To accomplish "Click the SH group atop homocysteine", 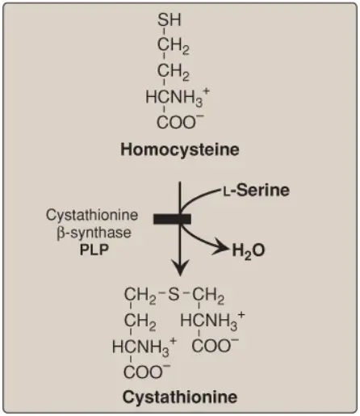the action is click(170, 20).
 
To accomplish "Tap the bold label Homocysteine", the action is click(180, 149).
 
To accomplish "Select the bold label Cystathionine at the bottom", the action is click(180, 397).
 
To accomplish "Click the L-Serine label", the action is click(257, 190).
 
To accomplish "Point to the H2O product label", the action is click(249, 251).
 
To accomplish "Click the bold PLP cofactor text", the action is click(94, 250).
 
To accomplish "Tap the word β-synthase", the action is click(94, 233).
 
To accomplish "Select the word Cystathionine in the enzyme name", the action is click(92, 215).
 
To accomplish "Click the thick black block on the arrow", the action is click(172, 219).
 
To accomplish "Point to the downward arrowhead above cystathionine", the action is click(180, 267).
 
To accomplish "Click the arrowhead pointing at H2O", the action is click(221, 248).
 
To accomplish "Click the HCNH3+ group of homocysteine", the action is click(178, 97).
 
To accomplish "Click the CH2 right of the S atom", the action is click(208, 296).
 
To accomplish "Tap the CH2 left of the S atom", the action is click(140, 296).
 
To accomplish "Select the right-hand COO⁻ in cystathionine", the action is click(216, 346).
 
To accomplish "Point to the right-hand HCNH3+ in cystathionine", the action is click(212, 321).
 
